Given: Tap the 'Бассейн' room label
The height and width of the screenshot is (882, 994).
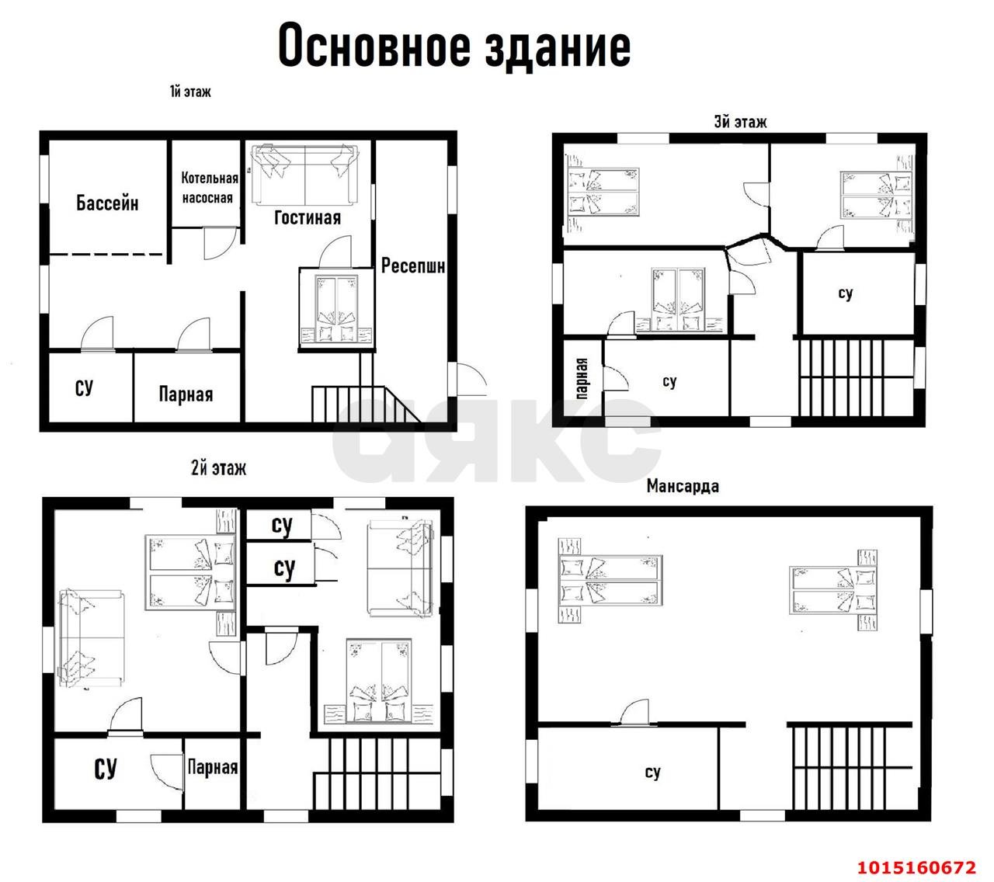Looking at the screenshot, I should point(107,203).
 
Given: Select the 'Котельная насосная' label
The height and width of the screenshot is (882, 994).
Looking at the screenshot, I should point(209,188).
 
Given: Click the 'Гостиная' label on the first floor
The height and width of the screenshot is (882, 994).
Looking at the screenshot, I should point(308,217).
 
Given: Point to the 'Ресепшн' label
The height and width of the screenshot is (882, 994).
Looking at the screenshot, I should point(413,266).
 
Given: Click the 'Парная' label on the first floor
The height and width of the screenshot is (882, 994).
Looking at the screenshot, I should point(186,394).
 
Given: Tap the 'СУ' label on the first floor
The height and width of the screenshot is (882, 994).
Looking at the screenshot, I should point(85,387).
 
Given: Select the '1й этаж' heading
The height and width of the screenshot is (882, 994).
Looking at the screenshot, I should point(190,92).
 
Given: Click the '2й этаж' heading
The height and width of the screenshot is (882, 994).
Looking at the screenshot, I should point(218,468).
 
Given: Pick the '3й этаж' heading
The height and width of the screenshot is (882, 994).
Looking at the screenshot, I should point(740,122).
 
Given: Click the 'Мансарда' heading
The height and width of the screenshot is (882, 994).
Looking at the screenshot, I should point(683,486).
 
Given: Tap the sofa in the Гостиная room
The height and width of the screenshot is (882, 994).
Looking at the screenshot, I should point(303,175).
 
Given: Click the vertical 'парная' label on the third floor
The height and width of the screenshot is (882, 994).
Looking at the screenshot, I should point(583,378).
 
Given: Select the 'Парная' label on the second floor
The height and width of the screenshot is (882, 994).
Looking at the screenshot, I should point(213,767).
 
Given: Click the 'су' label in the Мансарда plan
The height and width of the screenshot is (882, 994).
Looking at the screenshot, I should point(652,772).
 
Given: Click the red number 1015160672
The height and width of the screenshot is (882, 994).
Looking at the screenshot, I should point(916,866).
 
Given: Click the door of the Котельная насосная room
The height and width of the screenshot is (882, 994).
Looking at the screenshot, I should point(216,243).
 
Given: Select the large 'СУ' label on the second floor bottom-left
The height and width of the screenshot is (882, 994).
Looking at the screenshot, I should point(105,769).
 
